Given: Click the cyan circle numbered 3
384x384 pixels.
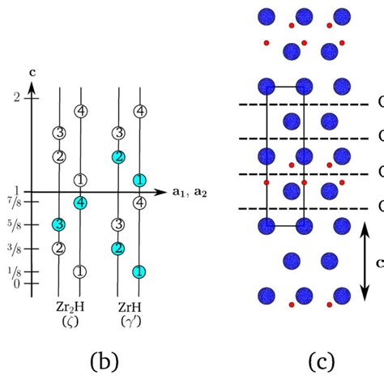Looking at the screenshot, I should click(x=58, y=224).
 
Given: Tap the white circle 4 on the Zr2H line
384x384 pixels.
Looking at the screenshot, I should click(x=79, y=111).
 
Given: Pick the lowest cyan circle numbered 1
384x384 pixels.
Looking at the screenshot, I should click(x=139, y=271).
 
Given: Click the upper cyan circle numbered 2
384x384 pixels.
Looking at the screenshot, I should click(x=118, y=156).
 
